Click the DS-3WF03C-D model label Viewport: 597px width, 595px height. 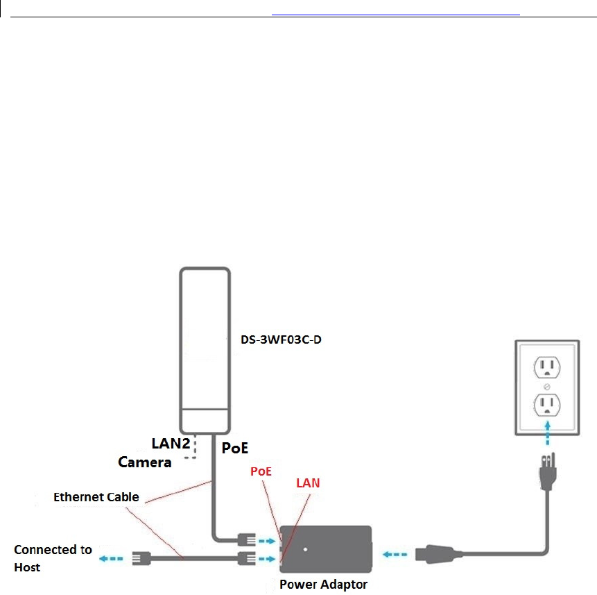coord(281,340)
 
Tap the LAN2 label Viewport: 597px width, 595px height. coord(171,443)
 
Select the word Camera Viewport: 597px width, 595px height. coord(145,462)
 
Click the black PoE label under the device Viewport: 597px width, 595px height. coord(235,448)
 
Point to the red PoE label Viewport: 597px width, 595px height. coord(261,471)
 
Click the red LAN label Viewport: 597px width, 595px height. coord(308,483)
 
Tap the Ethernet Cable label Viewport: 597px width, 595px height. coord(96,497)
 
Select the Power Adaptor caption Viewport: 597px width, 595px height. coord(324,585)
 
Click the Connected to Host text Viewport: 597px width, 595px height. coord(53,558)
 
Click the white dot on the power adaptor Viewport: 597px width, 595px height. coord(305,549)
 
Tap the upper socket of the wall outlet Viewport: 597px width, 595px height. coord(547,367)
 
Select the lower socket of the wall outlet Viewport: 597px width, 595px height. coord(547,405)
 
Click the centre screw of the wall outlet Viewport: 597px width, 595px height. coord(547,387)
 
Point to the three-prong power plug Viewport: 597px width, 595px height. coord(548,471)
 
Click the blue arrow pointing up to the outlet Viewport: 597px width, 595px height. coord(548,433)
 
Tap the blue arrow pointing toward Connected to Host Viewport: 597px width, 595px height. coord(111,559)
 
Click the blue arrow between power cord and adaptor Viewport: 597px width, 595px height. coord(395,554)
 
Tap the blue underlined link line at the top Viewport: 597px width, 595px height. coord(396,15)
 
